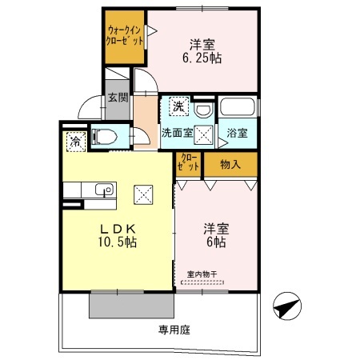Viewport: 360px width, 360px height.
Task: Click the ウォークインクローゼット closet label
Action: click(x=126, y=37)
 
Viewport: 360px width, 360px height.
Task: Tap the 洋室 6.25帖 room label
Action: click(x=206, y=50)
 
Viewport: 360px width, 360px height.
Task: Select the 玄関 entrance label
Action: click(x=118, y=100)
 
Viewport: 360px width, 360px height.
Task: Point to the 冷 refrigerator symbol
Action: click(x=74, y=143)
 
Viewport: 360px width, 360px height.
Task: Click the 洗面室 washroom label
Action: click(x=176, y=132)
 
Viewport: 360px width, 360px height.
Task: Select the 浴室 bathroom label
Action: click(x=237, y=132)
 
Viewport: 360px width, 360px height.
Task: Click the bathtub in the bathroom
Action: click(x=237, y=108)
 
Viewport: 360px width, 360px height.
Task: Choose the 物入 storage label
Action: click(x=230, y=164)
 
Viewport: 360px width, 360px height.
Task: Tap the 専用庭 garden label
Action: click(x=174, y=329)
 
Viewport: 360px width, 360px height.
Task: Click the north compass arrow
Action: click(x=288, y=306)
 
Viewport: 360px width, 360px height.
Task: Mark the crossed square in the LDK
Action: click(x=143, y=194)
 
